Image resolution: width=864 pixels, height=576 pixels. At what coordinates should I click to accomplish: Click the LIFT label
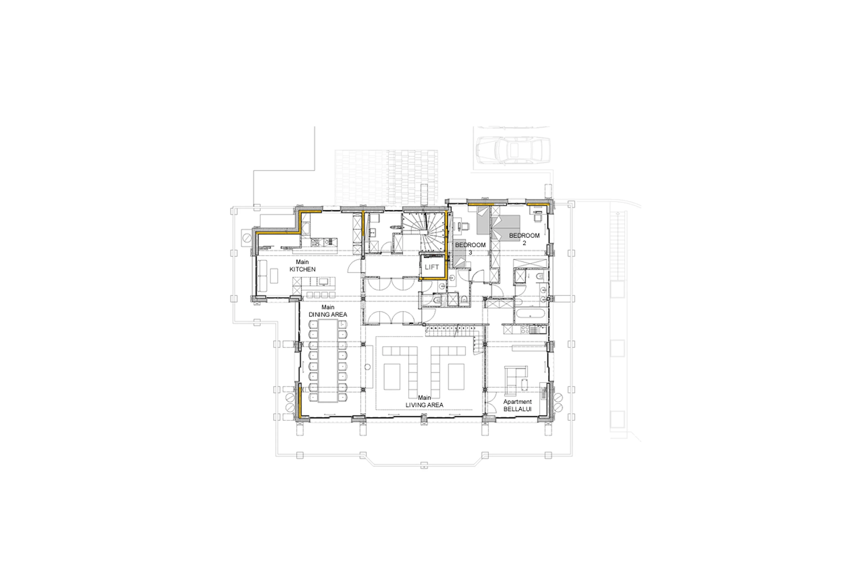pyautogui.click(x=432, y=267)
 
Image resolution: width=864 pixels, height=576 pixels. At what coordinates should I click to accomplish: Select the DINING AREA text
pyautogui.click(x=328, y=314)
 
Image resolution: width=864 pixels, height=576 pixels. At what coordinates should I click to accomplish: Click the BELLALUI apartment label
pyautogui.click(x=517, y=409)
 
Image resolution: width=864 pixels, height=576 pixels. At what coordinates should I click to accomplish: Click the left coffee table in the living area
pyautogui.click(x=391, y=377)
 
